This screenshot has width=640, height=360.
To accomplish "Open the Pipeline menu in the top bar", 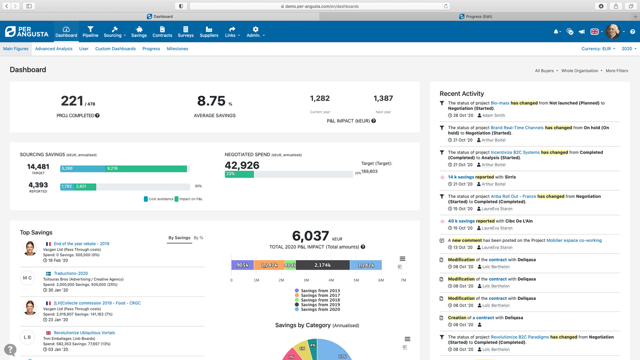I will (90, 32).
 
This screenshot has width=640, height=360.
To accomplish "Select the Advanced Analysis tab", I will (54, 49).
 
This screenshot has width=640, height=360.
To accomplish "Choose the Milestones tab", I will (177, 49).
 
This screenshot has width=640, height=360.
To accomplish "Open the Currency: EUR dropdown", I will (598, 49).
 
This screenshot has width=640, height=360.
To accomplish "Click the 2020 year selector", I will (628, 49).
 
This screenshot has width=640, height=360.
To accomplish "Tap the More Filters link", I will (617, 71).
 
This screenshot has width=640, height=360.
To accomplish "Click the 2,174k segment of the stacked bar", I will (323, 265).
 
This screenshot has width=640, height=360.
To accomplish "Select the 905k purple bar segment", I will (242, 265).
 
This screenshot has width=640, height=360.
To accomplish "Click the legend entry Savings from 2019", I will (320, 305).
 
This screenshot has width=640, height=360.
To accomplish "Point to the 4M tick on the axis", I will (331, 280).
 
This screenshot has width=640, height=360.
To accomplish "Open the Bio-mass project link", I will (500, 103).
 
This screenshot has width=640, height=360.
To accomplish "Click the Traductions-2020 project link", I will (71, 273).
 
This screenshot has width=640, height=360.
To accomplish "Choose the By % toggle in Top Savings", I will (198, 238).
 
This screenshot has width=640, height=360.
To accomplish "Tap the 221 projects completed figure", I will (72, 101).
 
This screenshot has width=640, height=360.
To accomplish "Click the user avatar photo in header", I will (612, 32).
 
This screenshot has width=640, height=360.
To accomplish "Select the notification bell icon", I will (556, 32).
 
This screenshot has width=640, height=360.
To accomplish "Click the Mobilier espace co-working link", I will (574, 241).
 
